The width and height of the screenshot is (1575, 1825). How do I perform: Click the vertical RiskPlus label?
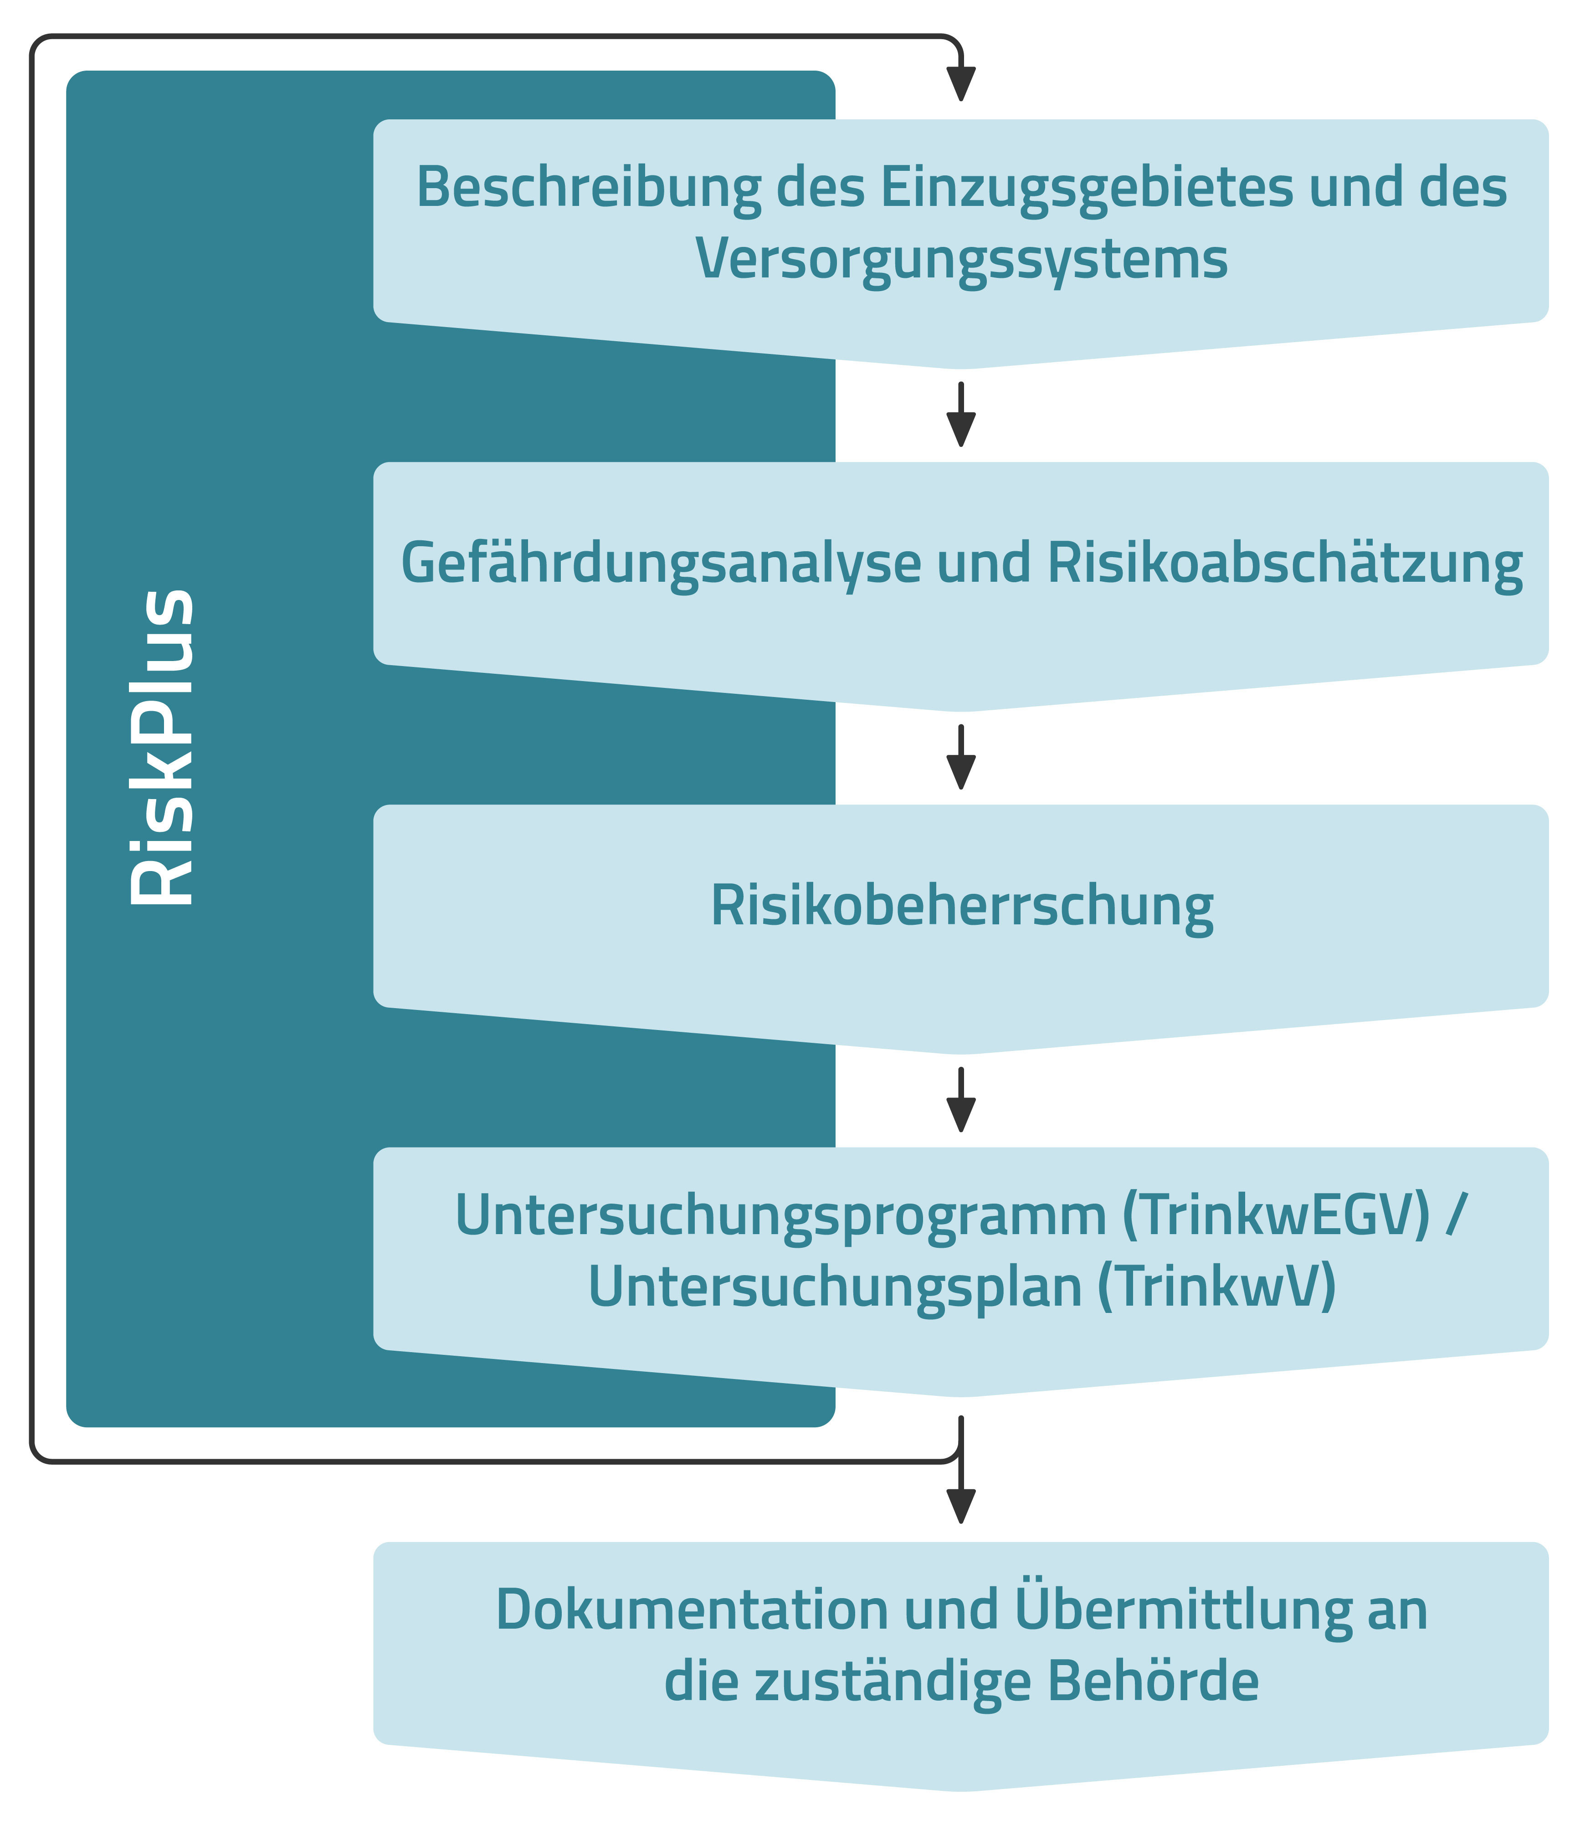tap(161, 747)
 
